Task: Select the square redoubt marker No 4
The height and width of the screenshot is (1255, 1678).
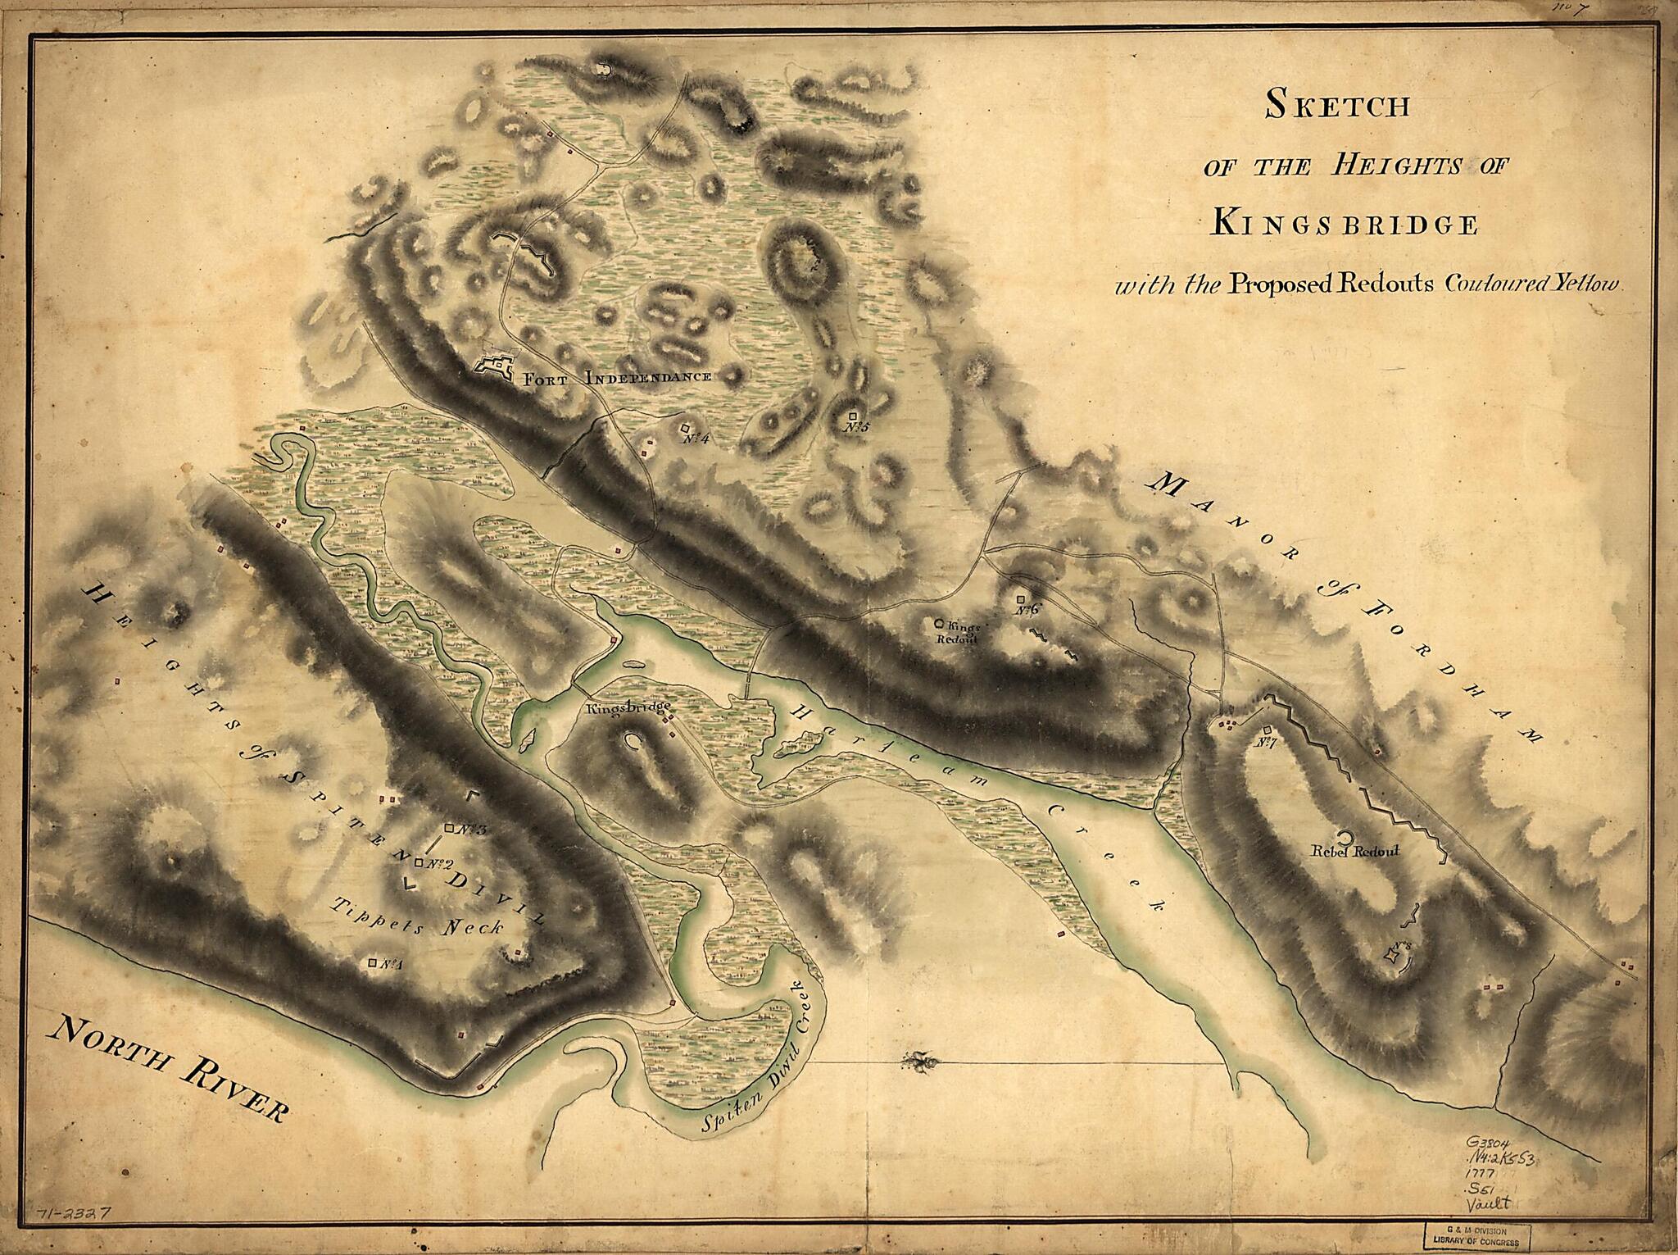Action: tap(684, 428)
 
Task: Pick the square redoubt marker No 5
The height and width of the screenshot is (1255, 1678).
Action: tap(854, 416)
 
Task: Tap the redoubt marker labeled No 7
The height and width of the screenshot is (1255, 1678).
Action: tap(1267, 730)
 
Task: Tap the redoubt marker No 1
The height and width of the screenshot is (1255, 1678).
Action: tap(374, 962)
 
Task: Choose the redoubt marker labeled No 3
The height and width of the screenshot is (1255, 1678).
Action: tap(449, 828)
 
